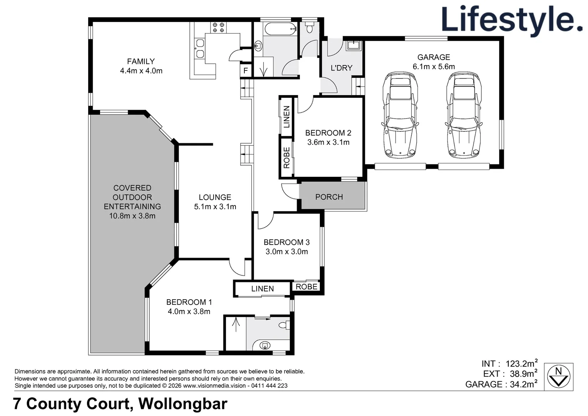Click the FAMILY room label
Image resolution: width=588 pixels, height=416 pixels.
(x=141, y=62)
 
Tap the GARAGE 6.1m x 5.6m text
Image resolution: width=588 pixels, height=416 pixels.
(x=434, y=62)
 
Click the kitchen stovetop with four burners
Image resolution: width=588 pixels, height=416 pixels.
(x=218, y=27)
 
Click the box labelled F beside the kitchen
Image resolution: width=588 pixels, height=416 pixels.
(x=246, y=71)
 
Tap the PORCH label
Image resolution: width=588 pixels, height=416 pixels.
(x=329, y=197)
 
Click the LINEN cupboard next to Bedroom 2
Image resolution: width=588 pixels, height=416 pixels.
(x=286, y=117)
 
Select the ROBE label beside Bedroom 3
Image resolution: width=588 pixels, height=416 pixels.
(x=307, y=287)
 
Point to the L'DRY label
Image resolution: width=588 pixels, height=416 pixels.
(x=341, y=68)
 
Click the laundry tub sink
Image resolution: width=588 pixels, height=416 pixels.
(x=353, y=45)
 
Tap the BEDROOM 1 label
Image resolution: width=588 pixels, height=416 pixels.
(x=189, y=302)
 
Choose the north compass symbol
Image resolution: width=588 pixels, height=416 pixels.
(x=559, y=376)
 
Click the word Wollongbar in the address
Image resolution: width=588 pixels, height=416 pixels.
(x=183, y=404)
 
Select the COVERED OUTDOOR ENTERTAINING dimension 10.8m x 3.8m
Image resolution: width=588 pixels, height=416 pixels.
(x=132, y=216)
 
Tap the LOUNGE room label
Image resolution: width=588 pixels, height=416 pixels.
(x=215, y=197)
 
